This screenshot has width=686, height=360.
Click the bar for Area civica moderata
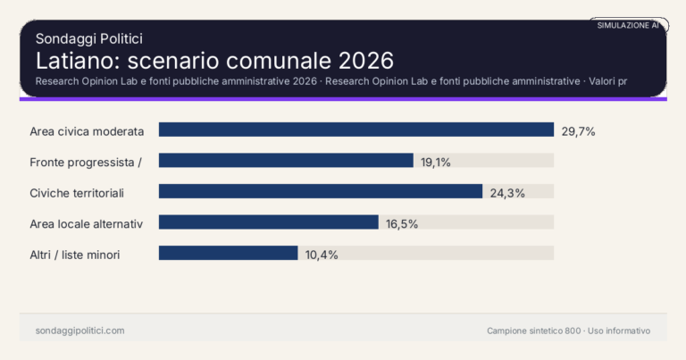click(x=356, y=130)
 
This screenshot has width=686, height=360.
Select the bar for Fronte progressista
click(x=286, y=161)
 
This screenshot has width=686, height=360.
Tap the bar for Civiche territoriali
click(x=320, y=192)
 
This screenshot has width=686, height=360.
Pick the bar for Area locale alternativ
click(x=268, y=222)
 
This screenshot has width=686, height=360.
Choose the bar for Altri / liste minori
click(x=228, y=254)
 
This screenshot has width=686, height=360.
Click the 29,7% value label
click(x=578, y=131)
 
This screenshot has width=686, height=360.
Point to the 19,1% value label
click(x=437, y=162)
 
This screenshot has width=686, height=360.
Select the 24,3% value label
click(x=507, y=193)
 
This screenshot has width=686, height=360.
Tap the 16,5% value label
click(x=402, y=223)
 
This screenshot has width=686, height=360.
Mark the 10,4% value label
click(x=322, y=255)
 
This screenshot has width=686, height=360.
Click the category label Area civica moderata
click(x=87, y=131)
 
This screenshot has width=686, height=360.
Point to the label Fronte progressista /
click(x=87, y=162)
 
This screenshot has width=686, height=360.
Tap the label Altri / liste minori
click(x=75, y=255)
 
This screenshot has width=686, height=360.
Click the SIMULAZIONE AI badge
click(x=628, y=25)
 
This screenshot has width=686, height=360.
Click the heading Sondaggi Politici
click(x=89, y=38)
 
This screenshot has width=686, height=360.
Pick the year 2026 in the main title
click(x=366, y=61)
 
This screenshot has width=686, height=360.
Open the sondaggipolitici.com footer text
click(x=79, y=331)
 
